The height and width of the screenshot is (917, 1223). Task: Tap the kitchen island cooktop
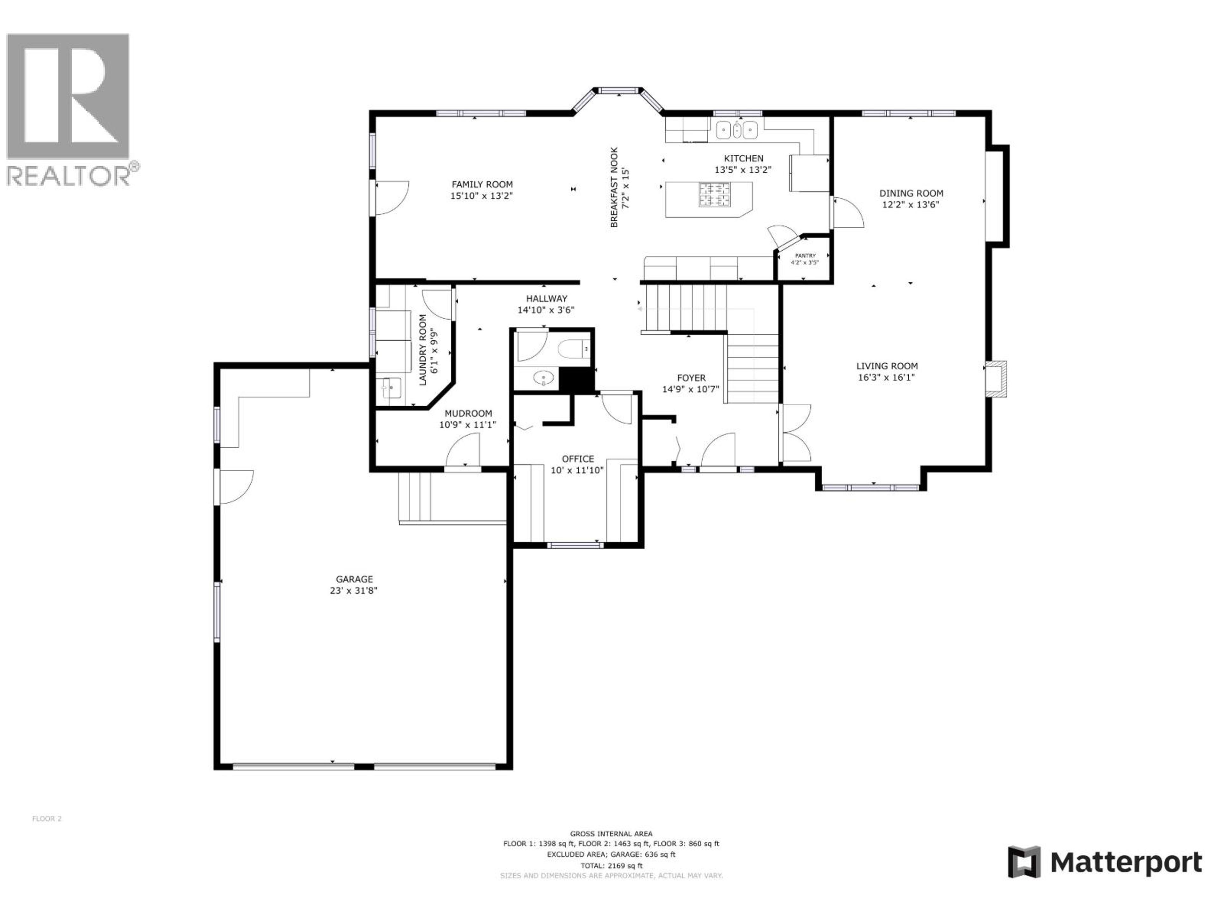click(x=715, y=195)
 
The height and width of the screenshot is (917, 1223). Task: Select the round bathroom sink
click(x=543, y=379)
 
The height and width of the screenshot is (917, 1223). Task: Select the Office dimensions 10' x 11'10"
click(x=577, y=470)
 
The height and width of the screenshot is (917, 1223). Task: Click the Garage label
click(x=354, y=579)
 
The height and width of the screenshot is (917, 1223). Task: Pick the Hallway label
click(x=546, y=298)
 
